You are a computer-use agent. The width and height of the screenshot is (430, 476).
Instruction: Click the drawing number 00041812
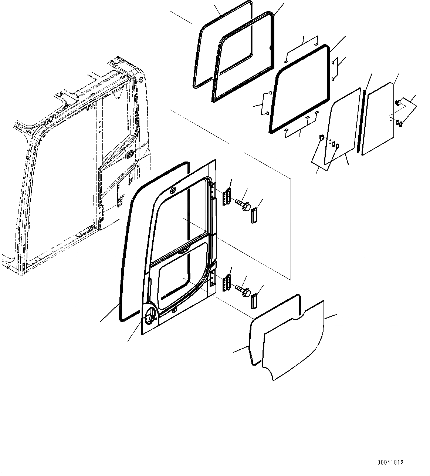pos(390,462)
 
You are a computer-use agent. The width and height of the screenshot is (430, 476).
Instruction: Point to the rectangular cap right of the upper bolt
pos(254,216)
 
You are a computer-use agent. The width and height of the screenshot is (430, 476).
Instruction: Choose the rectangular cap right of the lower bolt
pos(254,302)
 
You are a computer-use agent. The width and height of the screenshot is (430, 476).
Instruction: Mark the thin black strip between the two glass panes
pos(361,120)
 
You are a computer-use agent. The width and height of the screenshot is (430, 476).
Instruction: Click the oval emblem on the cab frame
pos(130,155)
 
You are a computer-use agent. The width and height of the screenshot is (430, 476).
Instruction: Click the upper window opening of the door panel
pos(181,219)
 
